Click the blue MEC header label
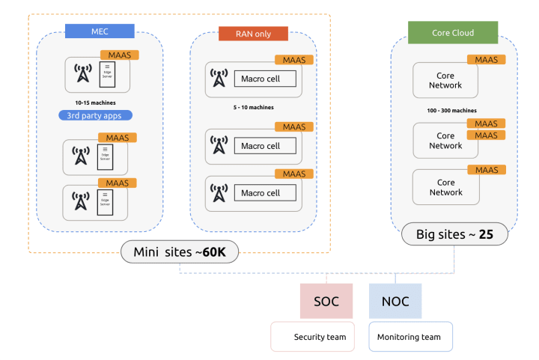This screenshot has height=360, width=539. [100, 31]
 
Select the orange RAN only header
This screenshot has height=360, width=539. [243, 34]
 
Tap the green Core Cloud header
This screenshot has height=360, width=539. [451, 33]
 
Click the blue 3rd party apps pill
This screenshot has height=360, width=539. [95, 115]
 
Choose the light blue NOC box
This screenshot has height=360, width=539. [395, 302]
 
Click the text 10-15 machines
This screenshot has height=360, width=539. [94, 102]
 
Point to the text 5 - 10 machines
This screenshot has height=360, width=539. [253, 107]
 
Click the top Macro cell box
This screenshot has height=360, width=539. [265, 79]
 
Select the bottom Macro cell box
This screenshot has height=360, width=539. [265, 193]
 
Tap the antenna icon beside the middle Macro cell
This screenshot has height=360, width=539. [219, 146]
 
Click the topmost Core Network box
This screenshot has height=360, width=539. [445, 80]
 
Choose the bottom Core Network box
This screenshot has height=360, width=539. [445, 187]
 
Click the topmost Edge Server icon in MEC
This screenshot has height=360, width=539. [106, 74]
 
